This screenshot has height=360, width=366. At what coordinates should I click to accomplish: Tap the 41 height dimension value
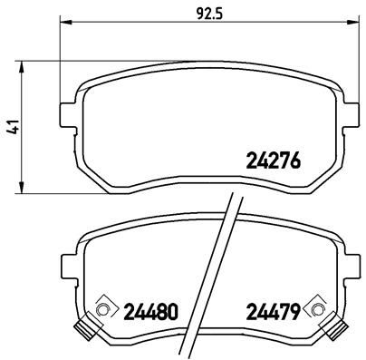point(11,129)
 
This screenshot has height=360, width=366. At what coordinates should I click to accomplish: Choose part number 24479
point(273,313)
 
